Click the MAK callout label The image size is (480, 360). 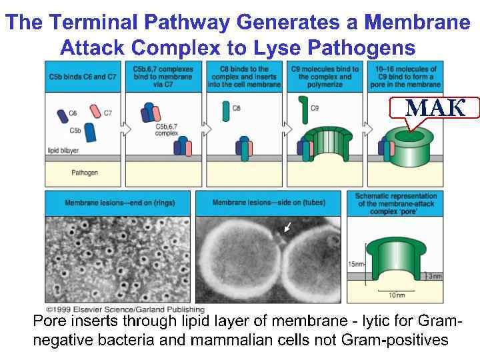[435, 108]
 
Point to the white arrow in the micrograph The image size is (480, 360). [287, 228]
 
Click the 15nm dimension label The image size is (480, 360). [355, 265]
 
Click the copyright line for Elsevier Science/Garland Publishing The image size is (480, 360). [125, 310]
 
